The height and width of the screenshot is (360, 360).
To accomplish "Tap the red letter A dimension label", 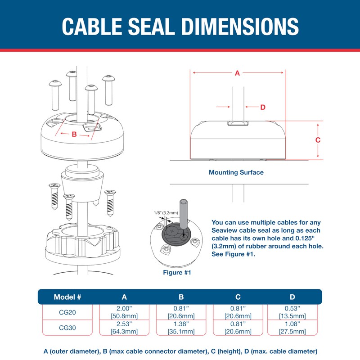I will coord(238,73).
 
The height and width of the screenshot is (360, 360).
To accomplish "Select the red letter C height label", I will coord(318,140).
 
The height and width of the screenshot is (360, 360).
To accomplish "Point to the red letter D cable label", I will coord(263,107).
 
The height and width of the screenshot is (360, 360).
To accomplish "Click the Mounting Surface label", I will coord(236,172).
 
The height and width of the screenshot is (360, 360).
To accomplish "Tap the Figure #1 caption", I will coord(177,272).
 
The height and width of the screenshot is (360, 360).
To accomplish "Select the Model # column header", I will coord(67,297).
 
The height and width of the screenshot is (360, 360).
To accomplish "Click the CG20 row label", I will coord(67,312).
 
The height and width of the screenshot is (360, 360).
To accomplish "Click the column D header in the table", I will coord(293,297).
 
